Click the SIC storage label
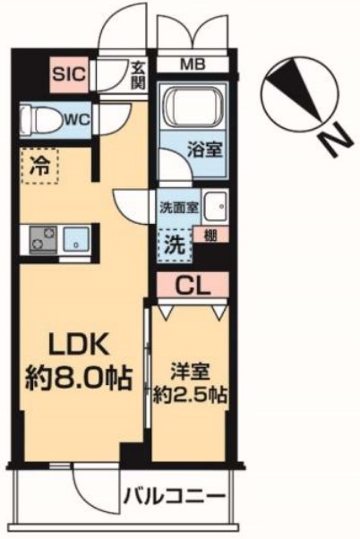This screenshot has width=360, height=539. (x=67, y=73)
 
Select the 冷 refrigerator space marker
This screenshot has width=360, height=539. (x=38, y=167)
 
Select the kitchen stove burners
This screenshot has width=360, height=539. (x=42, y=238)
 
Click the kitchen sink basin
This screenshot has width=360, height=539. (x=75, y=239)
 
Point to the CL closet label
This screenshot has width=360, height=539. (x=193, y=287)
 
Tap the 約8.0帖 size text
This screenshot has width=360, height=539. (x=78, y=377)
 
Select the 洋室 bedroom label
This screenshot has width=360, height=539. (x=189, y=366)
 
